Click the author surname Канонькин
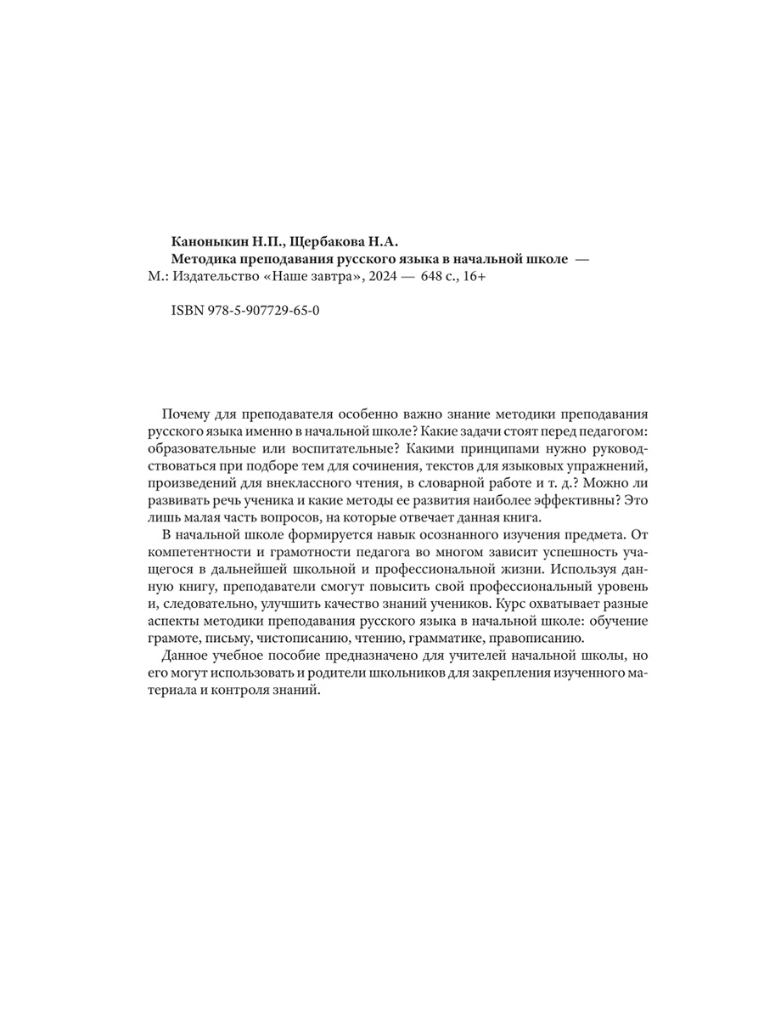click(x=207, y=241)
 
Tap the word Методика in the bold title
click(x=204, y=259)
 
